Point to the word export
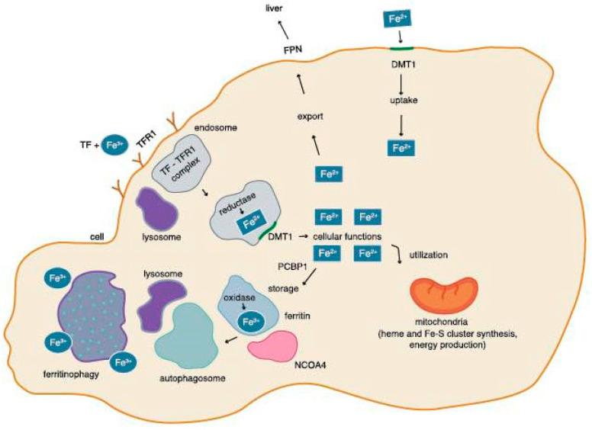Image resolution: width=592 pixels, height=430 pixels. (311, 118)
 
